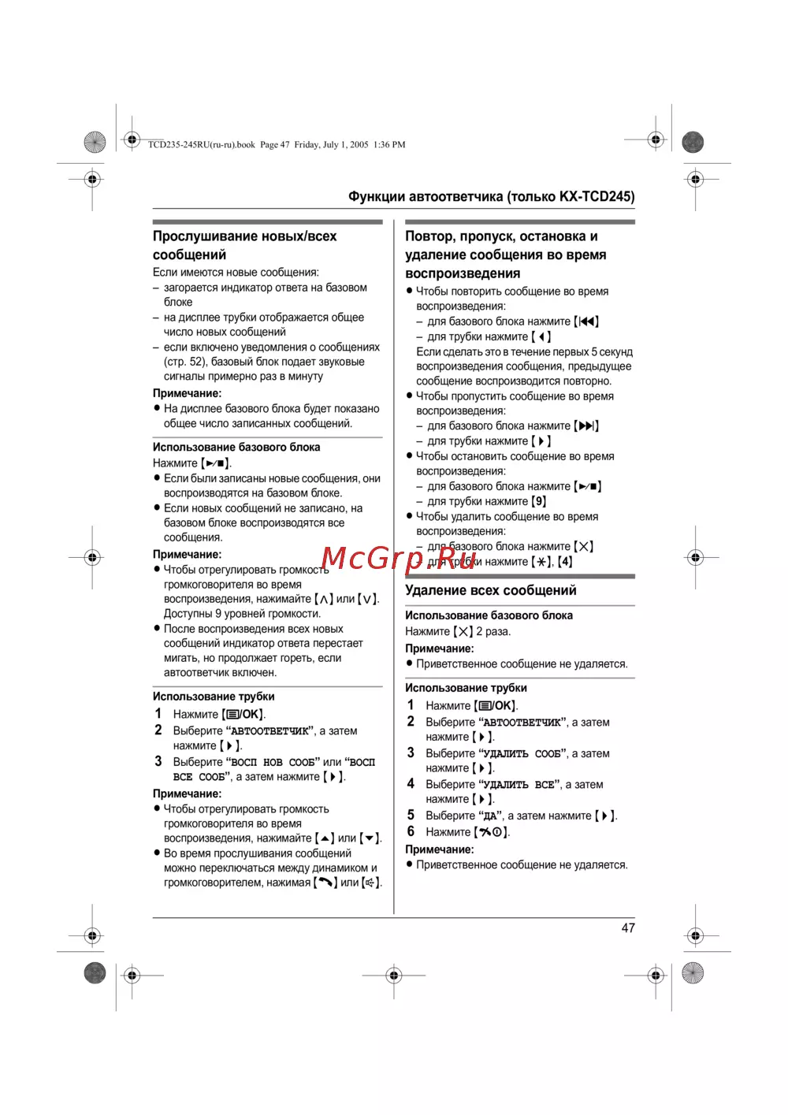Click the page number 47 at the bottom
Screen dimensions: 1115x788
pos(628,927)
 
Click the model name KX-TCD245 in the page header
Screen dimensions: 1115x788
pos(597,196)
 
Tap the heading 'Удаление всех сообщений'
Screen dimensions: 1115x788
pos(490,590)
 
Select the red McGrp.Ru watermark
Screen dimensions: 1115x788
pos(399,558)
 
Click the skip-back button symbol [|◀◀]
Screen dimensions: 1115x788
pos(586,321)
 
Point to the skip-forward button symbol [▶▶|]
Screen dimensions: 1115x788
pos(586,426)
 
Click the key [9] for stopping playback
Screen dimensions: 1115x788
pos(539,501)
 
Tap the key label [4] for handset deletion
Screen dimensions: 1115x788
pos(565,562)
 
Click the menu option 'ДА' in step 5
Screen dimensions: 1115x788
pos(490,816)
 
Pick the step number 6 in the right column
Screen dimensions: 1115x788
pos(411,831)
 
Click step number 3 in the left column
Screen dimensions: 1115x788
pos(158,761)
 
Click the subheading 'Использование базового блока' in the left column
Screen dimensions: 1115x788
pos(236,447)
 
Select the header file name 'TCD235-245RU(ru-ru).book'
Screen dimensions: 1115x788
pos(202,145)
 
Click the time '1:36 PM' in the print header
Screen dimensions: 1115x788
pos(389,145)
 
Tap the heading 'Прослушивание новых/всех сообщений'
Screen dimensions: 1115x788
pos(244,245)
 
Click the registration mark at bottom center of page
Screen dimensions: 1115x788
pos(394,976)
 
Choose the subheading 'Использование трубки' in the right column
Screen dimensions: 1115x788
pos(466,688)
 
